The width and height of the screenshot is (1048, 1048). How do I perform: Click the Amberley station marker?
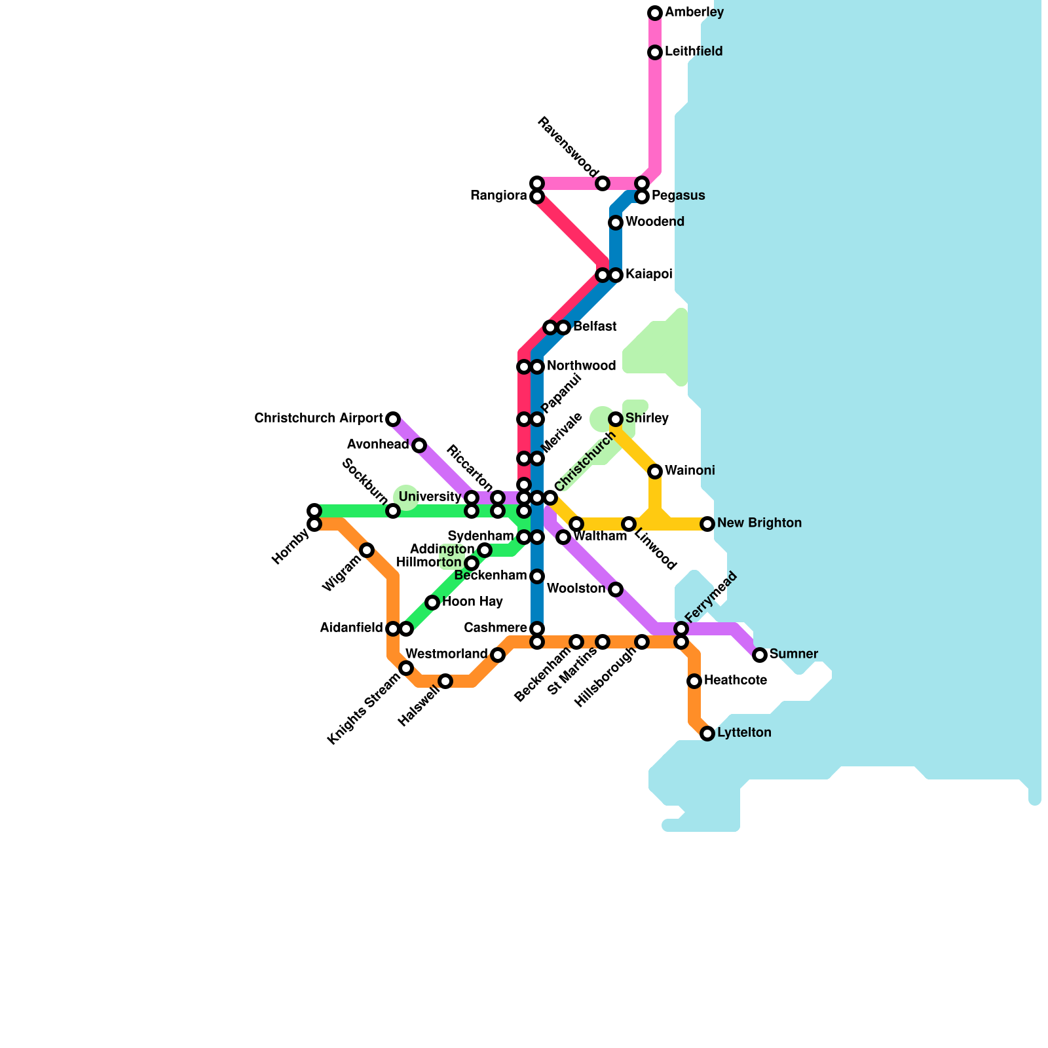[655, 13]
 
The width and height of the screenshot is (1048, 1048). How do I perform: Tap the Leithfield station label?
[694, 52]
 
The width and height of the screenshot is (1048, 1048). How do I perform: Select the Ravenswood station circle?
[603, 183]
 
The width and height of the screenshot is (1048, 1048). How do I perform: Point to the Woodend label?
[654, 222]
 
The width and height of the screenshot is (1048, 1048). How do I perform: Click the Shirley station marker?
[616, 419]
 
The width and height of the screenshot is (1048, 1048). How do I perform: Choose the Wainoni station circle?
[655, 472]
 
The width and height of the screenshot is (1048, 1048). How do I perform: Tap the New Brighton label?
[759, 523]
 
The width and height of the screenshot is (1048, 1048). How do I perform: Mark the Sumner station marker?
[760, 655]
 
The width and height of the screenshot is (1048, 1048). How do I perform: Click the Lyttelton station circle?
[707, 734]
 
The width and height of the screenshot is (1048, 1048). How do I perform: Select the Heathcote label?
[735, 681]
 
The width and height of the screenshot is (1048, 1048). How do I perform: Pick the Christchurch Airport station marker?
[393, 419]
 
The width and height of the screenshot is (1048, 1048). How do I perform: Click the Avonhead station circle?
[419, 445]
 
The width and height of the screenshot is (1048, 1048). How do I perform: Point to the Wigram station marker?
[367, 550]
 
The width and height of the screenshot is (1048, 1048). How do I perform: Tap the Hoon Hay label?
[472, 602]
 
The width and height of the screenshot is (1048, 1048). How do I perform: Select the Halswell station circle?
[445, 681]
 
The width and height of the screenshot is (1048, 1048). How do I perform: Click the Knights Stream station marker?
[406, 668]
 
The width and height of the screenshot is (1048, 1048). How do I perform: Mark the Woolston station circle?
[616, 589]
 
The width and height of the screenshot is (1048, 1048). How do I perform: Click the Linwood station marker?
[629, 524]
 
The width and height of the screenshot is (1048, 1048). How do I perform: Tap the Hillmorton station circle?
[472, 563]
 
